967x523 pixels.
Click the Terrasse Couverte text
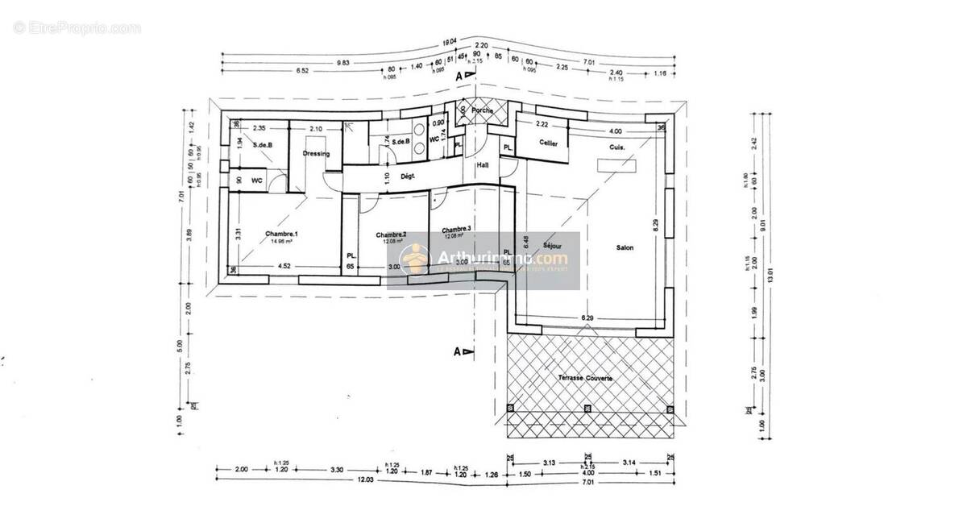(584, 378)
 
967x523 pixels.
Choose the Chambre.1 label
(281, 234)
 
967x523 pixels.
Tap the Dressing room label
(317, 153)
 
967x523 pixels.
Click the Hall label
(483, 164)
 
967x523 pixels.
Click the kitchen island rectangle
(616, 165)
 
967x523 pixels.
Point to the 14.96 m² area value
(281, 240)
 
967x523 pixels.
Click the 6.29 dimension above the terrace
(589, 319)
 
